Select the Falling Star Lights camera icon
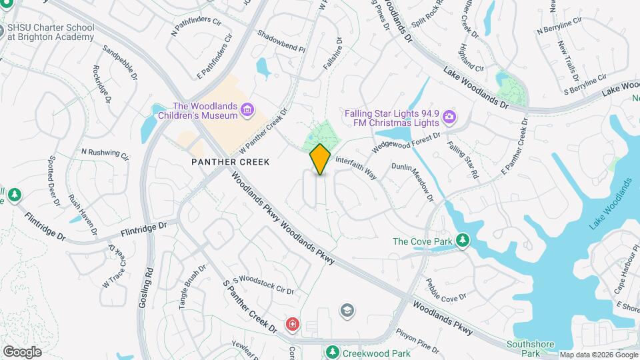(449, 117)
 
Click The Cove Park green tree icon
(462, 241)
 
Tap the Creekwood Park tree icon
(331, 351)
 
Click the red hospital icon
(292, 325)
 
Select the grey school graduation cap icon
(347, 310)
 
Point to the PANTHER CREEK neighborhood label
(230, 162)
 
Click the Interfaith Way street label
(356, 168)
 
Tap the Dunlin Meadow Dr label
(413, 182)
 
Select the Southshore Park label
(531, 348)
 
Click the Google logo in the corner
(22, 351)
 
